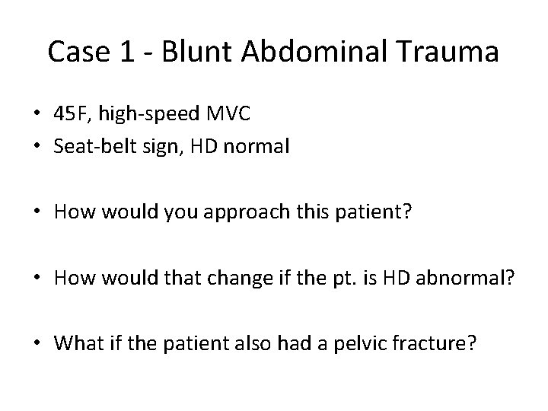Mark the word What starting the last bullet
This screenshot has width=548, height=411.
(75, 344)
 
